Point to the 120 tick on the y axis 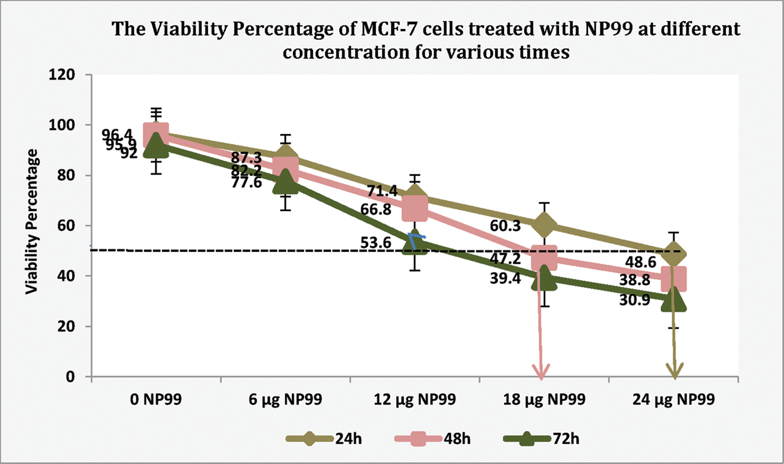(x=62, y=75)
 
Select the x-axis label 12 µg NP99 (x=415, y=400)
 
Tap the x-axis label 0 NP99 (x=156, y=400)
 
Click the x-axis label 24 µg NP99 (x=673, y=400)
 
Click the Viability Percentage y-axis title (x=33, y=221)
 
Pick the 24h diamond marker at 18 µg (x=544, y=225)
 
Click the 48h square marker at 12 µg (x=415, y=208)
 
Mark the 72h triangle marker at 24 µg (x=674, y=300)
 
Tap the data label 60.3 (x=505, y=226)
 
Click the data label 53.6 (x=376, y=243)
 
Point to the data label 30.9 (x=634, y=300)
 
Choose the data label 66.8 (x=376, y=210)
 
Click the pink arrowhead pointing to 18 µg (x=541, y=372)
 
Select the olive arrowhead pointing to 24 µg (x=674, y=372)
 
